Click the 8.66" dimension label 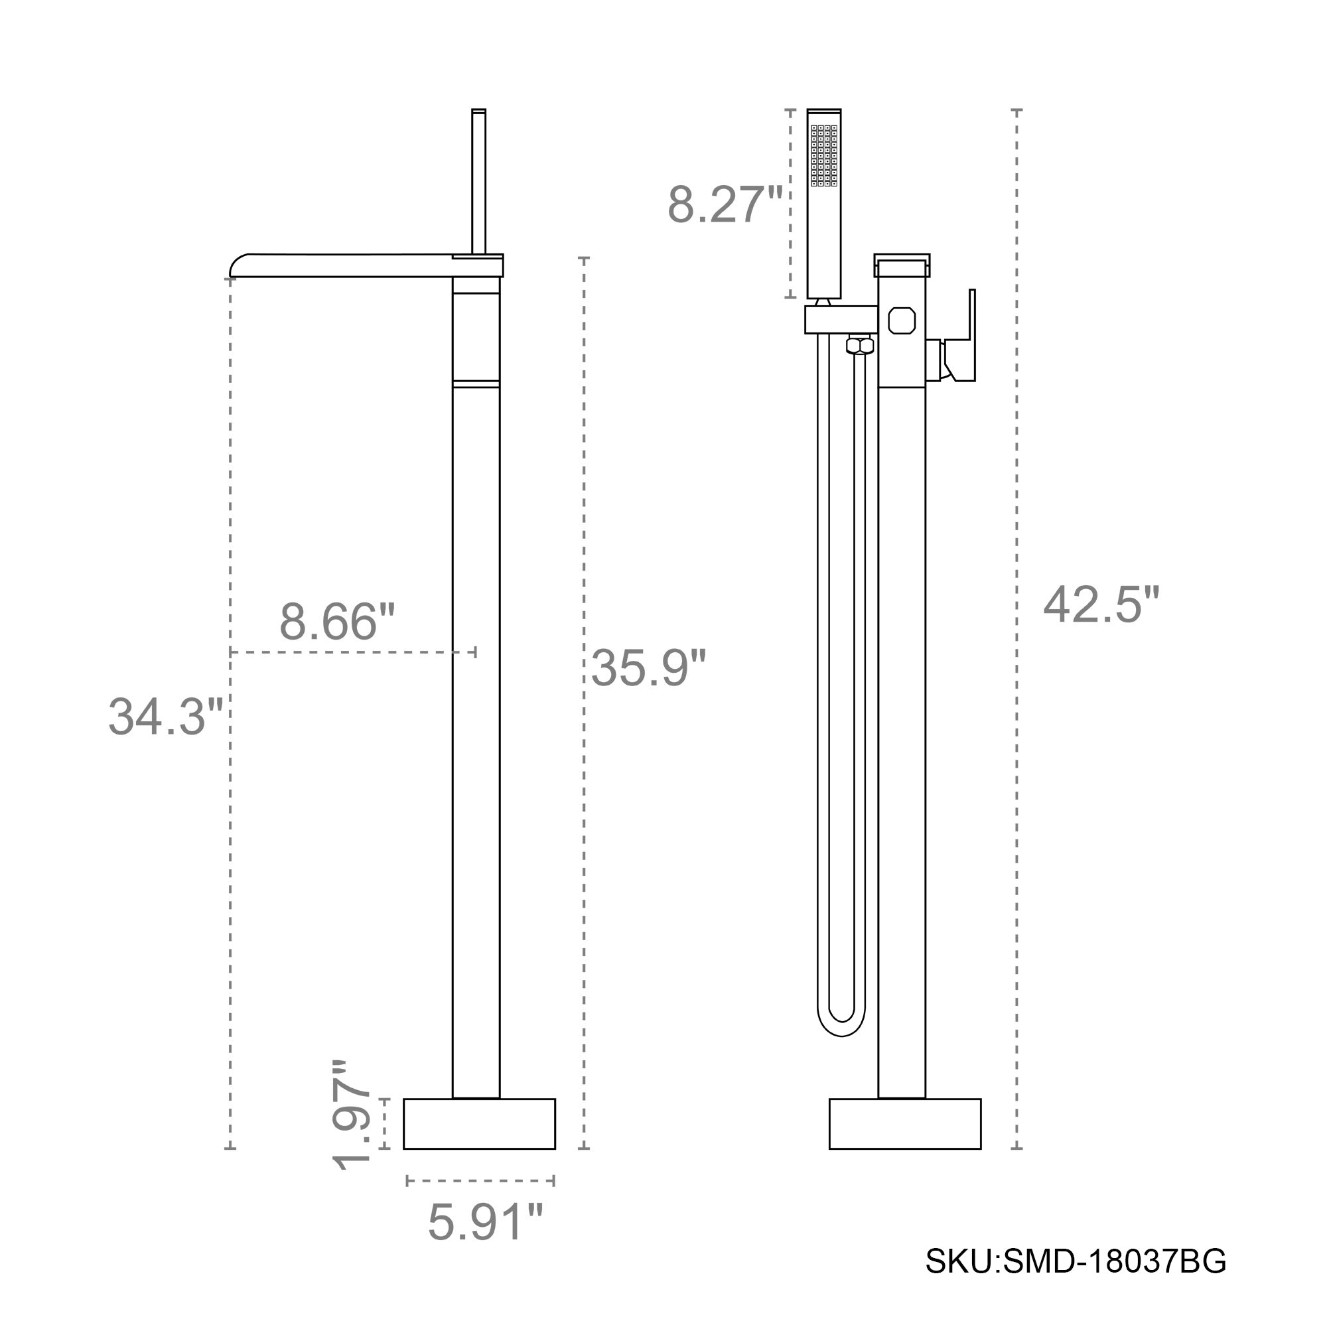tap(337, 622)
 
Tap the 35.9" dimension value tap(648, 667)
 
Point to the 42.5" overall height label tap(1101, 606)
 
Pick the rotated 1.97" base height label tap(352, 1125)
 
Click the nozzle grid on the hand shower tap(823, 156)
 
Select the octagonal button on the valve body tap(901, 320)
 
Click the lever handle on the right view tap(964, 344)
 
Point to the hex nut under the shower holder tap(860, 345)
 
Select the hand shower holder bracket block tap(841, 320)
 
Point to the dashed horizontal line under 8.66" tap(352, 652)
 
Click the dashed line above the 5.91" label tap(480, 1182)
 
